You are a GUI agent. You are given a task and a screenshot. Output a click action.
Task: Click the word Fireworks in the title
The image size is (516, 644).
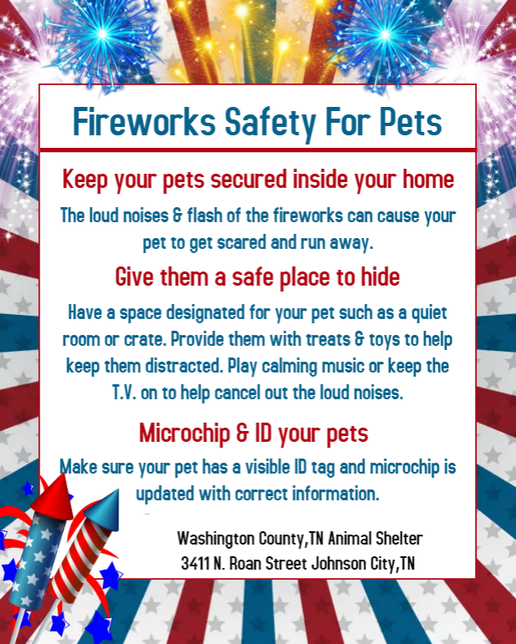[144, 121]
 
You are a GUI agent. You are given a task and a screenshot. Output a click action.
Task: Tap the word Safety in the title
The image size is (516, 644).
[271, 123]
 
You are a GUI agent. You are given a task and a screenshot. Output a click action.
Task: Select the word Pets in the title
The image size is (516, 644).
[411, 122]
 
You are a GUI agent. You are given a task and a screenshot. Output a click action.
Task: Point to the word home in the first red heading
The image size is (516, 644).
[428, 179]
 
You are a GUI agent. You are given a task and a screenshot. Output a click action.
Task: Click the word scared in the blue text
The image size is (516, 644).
[241, 242]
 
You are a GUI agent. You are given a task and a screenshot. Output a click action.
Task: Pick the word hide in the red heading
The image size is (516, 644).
[380, 276]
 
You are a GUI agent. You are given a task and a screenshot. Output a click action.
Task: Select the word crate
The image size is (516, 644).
[145, 340]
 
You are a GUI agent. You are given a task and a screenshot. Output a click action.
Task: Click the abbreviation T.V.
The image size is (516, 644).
[124, 393]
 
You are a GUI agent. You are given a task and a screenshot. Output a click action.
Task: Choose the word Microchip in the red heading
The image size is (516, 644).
[185, 434]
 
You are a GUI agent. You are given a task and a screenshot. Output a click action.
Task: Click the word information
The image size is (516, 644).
[336, 494]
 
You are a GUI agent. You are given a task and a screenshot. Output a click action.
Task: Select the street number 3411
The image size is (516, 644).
[195, 564]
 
